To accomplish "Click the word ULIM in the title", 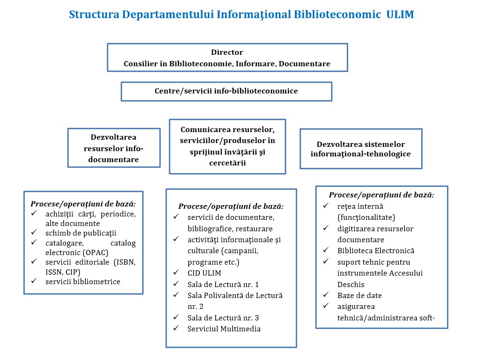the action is (400, 14).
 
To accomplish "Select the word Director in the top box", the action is (227, 52).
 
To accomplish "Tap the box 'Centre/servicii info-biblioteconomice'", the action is (226, 91).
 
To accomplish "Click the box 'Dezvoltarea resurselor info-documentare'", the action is (114, 148).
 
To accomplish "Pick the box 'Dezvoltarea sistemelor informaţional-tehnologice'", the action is (361, 149).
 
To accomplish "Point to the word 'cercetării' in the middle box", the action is (227, 163).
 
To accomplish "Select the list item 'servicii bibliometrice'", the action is (83, 281).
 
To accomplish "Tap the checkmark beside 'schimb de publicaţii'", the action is (34, 233).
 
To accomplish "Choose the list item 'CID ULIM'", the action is (204, 273).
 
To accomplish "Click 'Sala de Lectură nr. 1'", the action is (223, 285).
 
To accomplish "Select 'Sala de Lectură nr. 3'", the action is (223, 318).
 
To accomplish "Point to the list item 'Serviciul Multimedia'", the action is (224, 329).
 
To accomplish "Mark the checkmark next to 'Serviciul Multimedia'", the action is (176, 328).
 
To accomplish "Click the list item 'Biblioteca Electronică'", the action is (376, 251).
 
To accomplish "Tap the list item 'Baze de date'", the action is (359, 296).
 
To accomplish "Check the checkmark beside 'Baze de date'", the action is (326, 295).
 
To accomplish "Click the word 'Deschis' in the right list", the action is (351, 285).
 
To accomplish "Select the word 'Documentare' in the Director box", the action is (304, 63).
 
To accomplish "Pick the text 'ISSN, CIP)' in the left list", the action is (62, 272).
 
